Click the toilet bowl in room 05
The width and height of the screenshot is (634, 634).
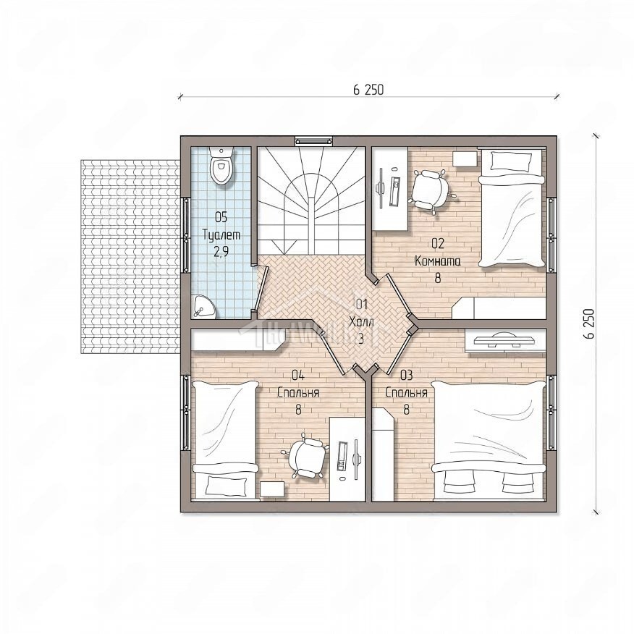pyautogui.click(x=221, y=166)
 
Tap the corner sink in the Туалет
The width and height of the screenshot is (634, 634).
pyautogui.click(x=203, y=306)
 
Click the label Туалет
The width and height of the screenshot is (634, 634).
pyautogui.click(x=221, y=234)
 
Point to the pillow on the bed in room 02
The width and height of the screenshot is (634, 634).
pyautogui.click(x=511, y=161)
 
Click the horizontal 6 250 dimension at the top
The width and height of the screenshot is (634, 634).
pyautogui.click(x=368, y=90)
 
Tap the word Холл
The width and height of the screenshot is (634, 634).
pyautogui.click(x=361, y=322)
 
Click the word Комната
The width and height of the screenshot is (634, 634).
pyautogui.click(x=437, y=261)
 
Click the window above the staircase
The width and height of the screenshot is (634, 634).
pyautogui.click(x=314, y=140)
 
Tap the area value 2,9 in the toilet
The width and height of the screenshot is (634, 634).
pyautogui.click(x=221, y=252)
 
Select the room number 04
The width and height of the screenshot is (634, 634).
pyautogui.click(x=298, y=375)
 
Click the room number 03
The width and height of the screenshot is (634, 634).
pyautogui.click(x=406, y=375)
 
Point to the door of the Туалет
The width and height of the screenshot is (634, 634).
pyautogui.click(x=262, y=288)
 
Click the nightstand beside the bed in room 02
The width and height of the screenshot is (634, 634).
pyautogui.click(x=465, y=158)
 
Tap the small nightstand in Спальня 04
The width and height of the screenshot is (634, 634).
pyautogui.click(x=272, y=489)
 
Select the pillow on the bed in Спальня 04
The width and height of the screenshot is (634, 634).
pyautogui.click(x=227, y=486)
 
